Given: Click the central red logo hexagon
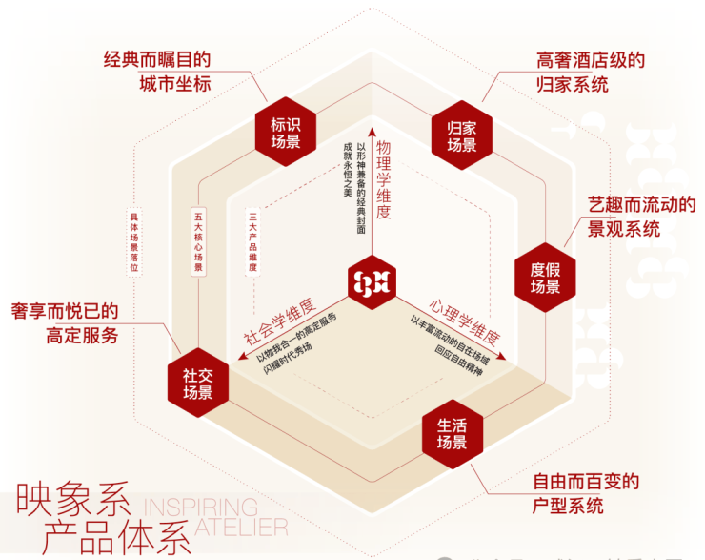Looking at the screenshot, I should (373, 282).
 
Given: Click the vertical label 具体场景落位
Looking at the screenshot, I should (134, 242).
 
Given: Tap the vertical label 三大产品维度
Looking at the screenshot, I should (253, 242).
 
